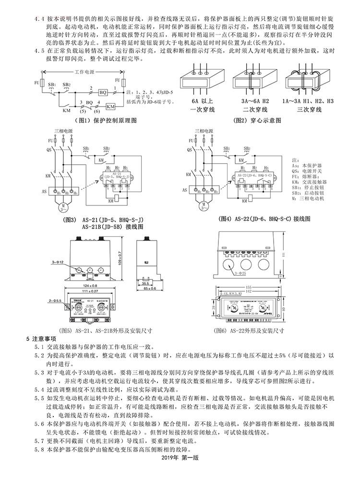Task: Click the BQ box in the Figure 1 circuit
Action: coord(103,92)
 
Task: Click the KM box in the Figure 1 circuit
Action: coord(110,107)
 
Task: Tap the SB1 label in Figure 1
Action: coord(51,84)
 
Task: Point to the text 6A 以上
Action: coord(202,102)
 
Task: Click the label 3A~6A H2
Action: coord(254,102)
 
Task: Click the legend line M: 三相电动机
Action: coord(311,198)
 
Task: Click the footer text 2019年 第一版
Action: coord(180,471)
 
